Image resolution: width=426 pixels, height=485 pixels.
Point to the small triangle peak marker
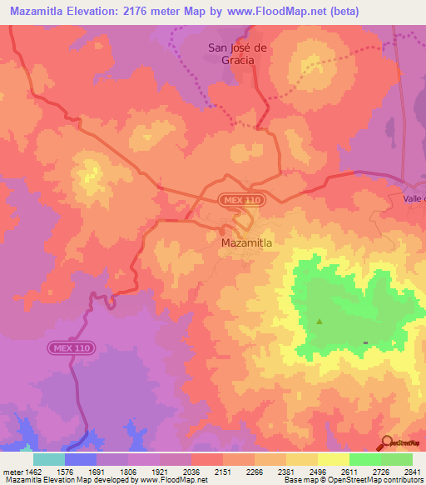pos(320,321)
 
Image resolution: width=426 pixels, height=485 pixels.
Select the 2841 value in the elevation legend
pos(414,471)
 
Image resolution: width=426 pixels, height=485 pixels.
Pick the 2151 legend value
pos(222,471)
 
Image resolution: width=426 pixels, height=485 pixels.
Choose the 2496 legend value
pos(318,471)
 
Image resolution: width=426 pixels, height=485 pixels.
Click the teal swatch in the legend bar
pos(49,459)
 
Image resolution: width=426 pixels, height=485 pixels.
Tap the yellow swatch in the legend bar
pos(334,459)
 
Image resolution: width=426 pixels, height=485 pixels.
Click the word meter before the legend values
pos(13,471)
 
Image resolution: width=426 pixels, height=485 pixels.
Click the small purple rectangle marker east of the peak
pos(365,342)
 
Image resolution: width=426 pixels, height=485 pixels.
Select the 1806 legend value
pos(127,471)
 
